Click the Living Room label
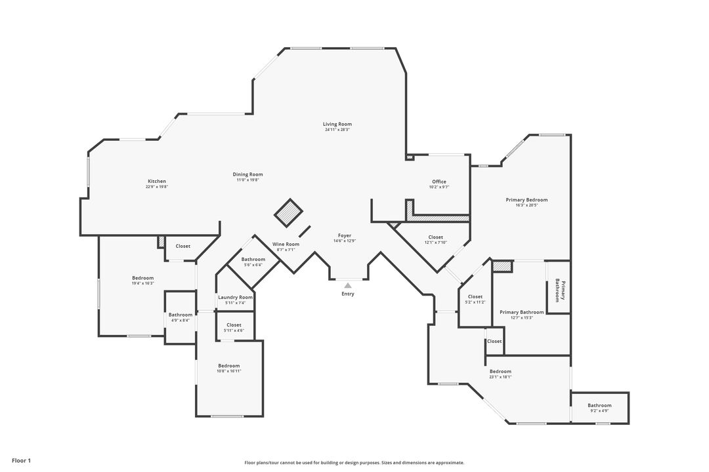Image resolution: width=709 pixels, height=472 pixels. coord(337,125)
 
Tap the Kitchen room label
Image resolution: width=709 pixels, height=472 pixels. coord(156,182)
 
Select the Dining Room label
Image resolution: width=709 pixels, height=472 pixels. coord(247,174)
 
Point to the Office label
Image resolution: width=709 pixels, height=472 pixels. coord(439,182)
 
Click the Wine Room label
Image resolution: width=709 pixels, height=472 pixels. coord(286,245)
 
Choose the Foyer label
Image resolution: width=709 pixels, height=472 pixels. coord(345,236)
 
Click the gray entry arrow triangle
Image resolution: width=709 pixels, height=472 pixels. coord(348,285)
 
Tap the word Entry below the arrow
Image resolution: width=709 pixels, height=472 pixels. coord(348,294)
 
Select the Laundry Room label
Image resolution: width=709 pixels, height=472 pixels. coord(235,298)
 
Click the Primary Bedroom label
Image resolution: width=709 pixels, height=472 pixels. coord(526,200)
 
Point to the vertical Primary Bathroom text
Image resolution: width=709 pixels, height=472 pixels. coord(559,290)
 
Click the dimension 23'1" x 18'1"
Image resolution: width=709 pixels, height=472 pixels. coord(500,377)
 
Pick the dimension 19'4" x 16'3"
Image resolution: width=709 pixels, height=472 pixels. coord(142,283)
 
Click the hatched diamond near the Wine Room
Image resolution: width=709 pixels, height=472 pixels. coord(288,212)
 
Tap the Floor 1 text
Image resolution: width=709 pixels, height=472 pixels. coord(21,461)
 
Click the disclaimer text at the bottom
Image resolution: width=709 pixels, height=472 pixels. coord(354,463)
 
